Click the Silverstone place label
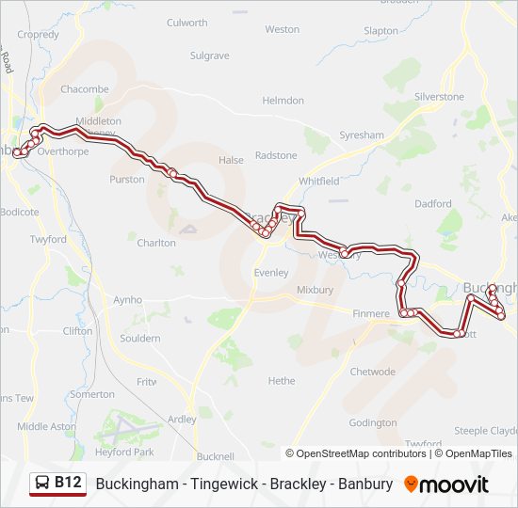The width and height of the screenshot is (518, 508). [x=439, y=97]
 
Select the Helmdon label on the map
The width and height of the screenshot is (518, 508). [x=283, y=101]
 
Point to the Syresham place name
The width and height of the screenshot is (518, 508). [x=362, y=135]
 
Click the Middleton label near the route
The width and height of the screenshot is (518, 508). [x=98, y=121]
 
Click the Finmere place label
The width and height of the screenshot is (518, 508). [x=370, y=313]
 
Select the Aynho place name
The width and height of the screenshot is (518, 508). [x=128, y=300]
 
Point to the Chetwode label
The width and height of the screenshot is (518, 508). [x=373, y=372]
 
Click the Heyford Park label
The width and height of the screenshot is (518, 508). [x=124, y=452]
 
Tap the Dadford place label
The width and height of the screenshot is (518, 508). [x=432, y=203]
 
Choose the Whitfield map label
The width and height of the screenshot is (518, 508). [x=318, y=181]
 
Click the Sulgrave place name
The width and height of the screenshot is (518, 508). [x=209, y=56]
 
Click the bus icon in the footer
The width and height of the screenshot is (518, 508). [x=42, y=484]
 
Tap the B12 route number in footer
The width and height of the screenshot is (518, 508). [x=67, y=484]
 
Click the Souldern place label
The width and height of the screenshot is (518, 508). [x=140, y=338]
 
